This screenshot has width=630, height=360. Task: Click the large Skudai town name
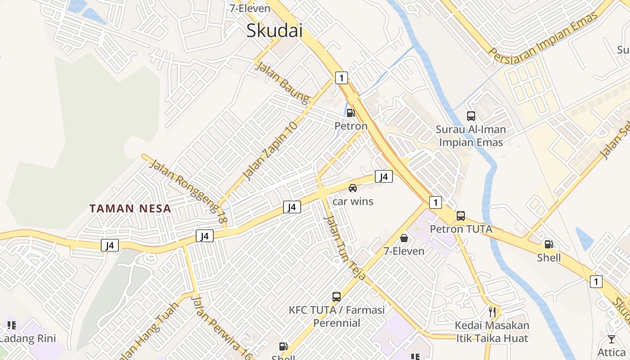pos(274,31)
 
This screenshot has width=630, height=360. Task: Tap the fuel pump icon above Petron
pos(351,113)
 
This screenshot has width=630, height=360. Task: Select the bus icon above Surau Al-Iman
pos(471,116)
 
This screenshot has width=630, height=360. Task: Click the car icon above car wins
pos(353,188)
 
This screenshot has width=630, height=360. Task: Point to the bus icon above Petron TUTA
pos(461,216)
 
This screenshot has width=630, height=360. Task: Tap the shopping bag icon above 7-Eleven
pos(404,238)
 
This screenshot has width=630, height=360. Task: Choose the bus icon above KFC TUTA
pos(337,297)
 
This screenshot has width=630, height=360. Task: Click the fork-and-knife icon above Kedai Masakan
pos(492,311)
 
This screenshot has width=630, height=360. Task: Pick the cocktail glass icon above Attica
pos(611,339)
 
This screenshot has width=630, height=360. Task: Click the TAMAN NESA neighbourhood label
pos(130,209)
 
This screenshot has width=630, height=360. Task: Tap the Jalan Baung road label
pos(283,83)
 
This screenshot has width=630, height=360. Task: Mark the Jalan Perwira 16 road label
pos(222,327)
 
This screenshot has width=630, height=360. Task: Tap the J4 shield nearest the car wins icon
pos(383,176)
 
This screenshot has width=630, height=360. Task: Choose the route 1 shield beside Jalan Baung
pos(342,78)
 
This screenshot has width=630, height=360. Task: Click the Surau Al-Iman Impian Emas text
pos(471,136)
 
